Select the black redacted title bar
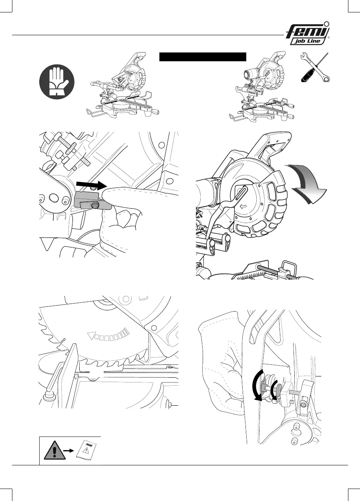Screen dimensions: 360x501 [x=202, y=56]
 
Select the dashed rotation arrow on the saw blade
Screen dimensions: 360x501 [x=108, y=333]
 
